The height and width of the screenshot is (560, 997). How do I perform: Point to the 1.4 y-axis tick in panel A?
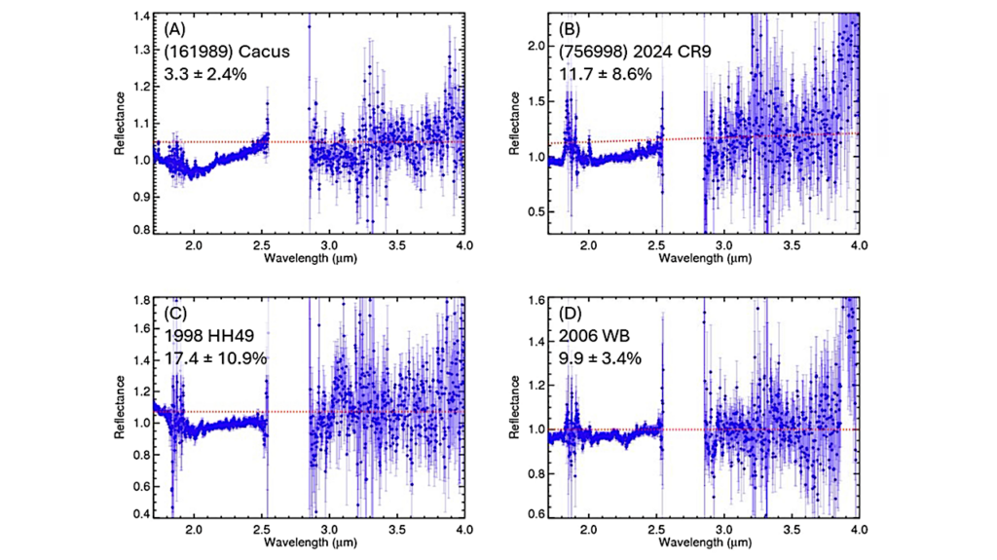pos(141,18)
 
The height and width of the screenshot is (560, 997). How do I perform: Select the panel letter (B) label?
pos(571,29)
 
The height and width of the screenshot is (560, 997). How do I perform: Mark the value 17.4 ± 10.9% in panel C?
pos(216,358)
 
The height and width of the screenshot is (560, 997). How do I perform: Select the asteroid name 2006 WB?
pos(590,336)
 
